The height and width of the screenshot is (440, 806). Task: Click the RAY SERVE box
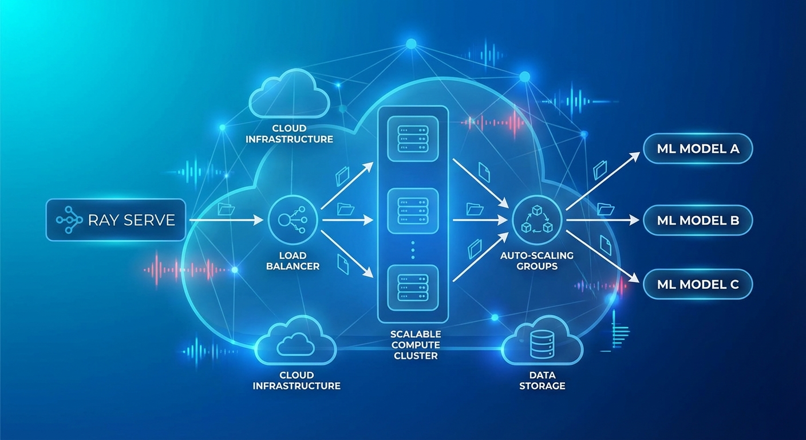coord(116,219)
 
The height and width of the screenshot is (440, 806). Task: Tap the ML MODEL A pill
coord(697,149)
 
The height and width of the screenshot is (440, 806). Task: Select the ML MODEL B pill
coord(697,220)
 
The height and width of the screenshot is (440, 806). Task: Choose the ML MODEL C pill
coord(697,284)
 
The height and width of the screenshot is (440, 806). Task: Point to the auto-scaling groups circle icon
coord(537,219)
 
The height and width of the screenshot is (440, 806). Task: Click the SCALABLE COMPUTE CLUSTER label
coord(415,344)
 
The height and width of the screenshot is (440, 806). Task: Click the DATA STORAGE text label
coord(542,380)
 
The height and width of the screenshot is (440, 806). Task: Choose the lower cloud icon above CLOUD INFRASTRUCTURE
coord(295,344)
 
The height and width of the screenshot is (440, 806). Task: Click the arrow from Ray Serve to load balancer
coord(227,219)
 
